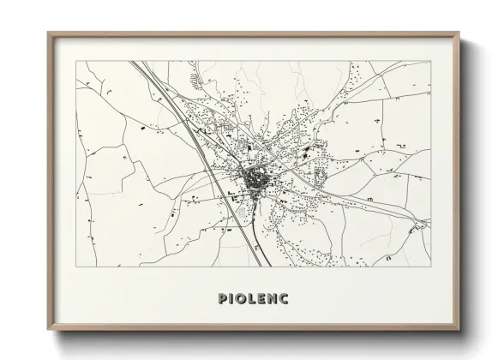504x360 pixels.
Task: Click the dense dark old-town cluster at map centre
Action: pos(255,180)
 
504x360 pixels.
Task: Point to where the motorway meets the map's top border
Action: pos(135,62)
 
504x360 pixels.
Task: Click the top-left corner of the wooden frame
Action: pos(48,33)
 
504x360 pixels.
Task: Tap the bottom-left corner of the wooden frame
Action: pos(48,329)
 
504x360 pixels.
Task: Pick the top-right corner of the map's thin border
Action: pos(429,61)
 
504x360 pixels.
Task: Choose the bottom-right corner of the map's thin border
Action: pos(429,266)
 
